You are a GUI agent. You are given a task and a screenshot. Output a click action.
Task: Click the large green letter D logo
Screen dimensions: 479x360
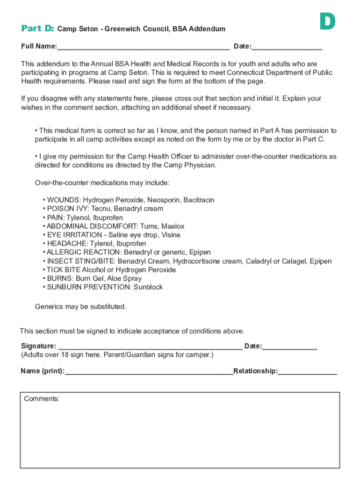327,22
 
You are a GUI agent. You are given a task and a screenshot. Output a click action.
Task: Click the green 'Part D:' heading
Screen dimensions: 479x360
38,29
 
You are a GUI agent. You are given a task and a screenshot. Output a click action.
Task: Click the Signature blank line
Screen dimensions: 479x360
149,346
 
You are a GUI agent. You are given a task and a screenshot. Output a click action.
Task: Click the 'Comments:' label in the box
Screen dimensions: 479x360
42,399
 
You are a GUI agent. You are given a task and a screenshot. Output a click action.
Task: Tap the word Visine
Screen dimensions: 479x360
170,235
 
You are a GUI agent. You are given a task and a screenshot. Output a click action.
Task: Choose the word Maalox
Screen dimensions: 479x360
173,226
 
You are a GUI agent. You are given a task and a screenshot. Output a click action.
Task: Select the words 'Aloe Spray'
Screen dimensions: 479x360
126,279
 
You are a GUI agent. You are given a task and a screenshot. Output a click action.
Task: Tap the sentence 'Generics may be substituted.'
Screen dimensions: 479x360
80,307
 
